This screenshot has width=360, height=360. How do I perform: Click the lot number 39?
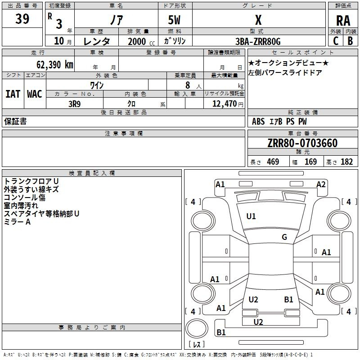22,19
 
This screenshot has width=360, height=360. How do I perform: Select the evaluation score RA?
343,20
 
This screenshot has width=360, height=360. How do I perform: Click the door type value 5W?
175,20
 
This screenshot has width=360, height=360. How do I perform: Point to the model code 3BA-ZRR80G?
258,41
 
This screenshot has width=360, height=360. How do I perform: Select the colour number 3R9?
74,103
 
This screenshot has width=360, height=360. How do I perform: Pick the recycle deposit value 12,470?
225,104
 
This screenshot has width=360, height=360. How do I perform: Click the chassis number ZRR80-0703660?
302,143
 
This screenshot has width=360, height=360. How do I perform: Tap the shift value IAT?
13,94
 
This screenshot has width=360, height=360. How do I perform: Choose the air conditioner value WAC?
34,94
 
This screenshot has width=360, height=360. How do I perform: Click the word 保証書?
15,121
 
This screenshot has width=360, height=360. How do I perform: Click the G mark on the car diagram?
284,237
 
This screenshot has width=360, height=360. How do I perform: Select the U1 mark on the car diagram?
251,216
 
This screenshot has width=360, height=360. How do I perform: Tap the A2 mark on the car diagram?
321,184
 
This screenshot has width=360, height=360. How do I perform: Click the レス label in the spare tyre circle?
197,345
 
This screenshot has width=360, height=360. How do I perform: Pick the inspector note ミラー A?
17,222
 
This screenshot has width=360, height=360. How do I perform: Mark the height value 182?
346,162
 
